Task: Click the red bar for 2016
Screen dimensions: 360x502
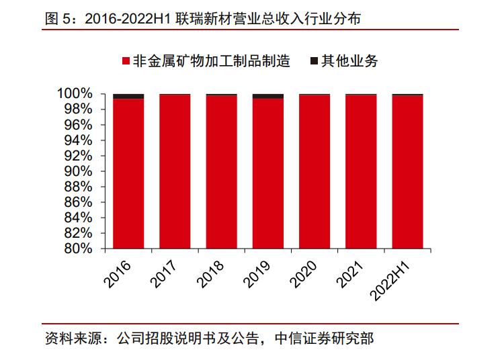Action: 128,173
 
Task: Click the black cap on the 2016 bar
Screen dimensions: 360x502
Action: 128,96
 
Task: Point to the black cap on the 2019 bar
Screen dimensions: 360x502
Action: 268,96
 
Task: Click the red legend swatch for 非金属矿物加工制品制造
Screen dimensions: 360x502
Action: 126,62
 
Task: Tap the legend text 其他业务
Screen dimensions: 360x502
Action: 349,62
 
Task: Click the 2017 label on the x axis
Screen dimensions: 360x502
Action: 165,274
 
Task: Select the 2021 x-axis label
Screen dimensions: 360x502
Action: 351,274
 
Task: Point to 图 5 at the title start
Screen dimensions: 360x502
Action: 56,19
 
